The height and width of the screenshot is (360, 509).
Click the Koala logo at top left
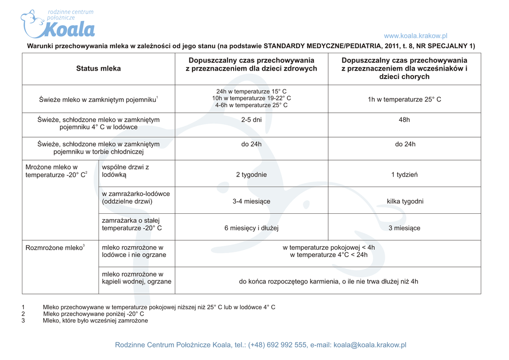point(58,24)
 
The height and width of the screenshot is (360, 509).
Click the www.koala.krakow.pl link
point(416,36)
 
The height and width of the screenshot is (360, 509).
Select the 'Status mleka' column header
point(98,69)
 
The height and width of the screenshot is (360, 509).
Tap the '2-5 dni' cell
point(251,120)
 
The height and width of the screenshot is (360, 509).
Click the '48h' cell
point(404,120)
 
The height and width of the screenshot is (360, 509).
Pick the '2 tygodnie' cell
point(251,175)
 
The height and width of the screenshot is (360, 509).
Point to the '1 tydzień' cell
point(404,175)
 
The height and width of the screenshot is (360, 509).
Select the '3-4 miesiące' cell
point(251,201)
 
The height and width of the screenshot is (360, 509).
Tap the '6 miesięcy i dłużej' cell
point(251,228)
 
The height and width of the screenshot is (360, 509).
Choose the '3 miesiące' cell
point(404,228)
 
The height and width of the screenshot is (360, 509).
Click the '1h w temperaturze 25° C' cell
point(404,99)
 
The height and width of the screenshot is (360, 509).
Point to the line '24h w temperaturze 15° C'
point(251,91)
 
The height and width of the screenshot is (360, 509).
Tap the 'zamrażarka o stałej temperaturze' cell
point(132,224)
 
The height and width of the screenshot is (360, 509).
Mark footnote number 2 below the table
point(23,314)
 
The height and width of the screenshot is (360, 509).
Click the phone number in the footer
point(277,345)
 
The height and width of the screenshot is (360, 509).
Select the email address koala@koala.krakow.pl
point(370,345)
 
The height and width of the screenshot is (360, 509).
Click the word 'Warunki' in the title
point(39,46)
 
